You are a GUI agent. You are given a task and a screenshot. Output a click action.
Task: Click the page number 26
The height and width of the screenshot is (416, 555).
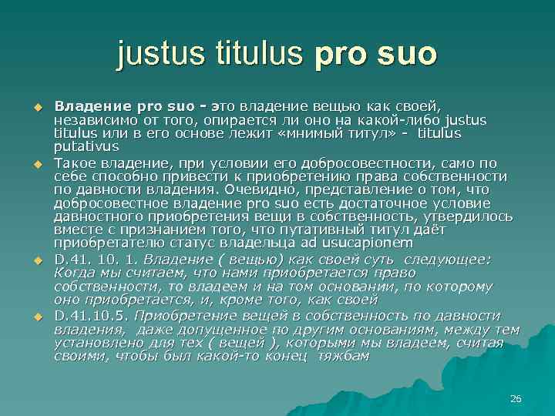pyautogui.click(x=516, y=398)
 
